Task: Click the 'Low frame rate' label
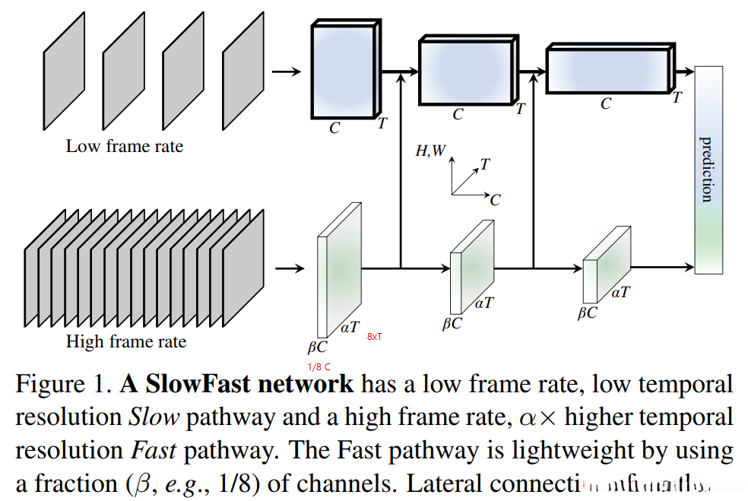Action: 125,146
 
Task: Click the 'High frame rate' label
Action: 126,341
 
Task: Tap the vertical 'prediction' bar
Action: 708,170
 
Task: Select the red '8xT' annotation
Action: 376,335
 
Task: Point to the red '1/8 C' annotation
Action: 319,367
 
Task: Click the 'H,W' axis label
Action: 430,151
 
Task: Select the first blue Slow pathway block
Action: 344,70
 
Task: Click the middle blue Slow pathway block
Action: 465,73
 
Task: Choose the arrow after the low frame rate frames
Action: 287,72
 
